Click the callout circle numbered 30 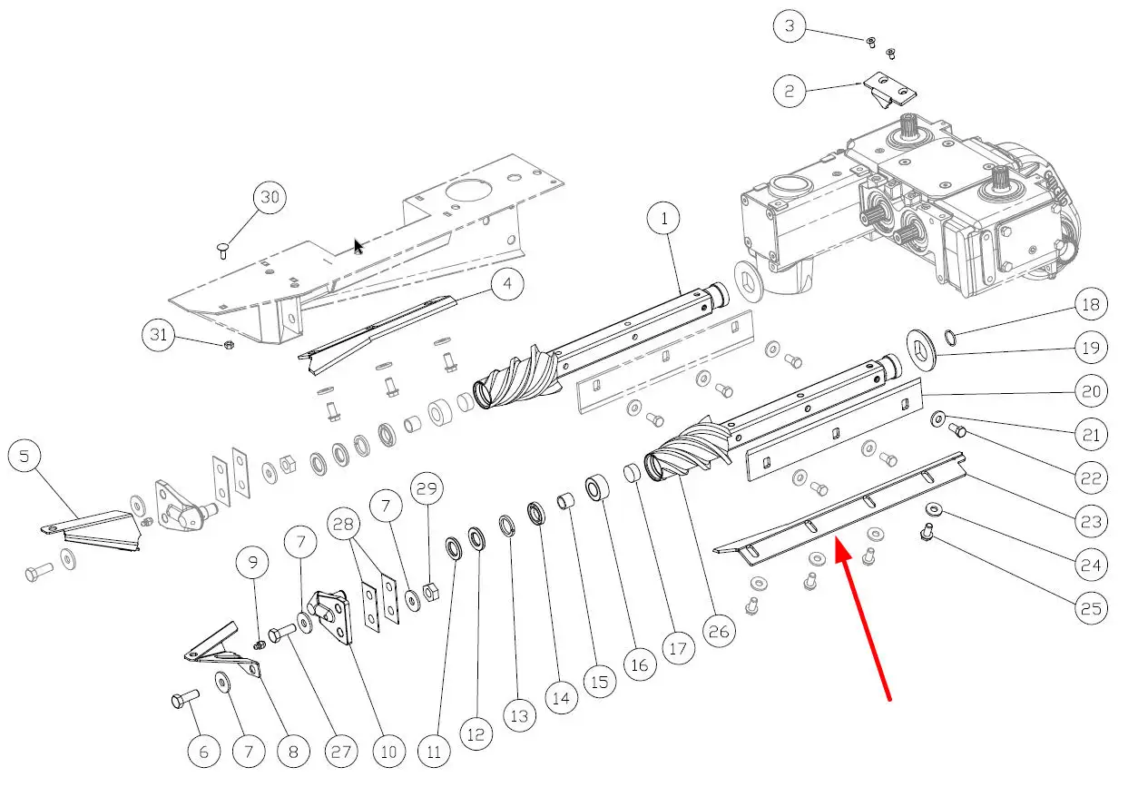coord(269,197)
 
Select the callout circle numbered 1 coord(664,219)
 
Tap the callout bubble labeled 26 coord(716,629)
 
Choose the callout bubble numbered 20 coord(1092,391)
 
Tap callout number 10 coord(388,752)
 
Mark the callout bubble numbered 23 coord(1092,522)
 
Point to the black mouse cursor coord(359,246)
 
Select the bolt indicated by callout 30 coord(223,250)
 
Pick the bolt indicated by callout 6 coord(185,700)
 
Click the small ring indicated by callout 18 coord(949,339)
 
